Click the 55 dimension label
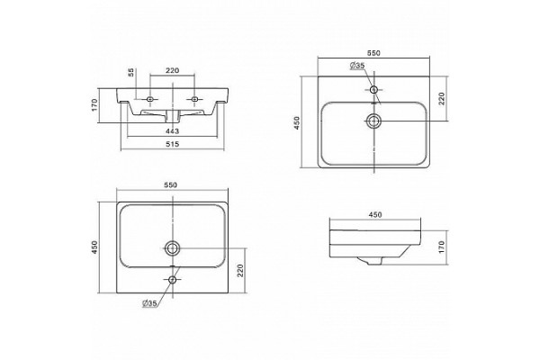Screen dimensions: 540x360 coord(130,72)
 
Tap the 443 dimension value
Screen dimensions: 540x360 coord(172,131)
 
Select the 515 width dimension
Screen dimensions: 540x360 coord(172,144)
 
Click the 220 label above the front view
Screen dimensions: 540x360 coord(172,70)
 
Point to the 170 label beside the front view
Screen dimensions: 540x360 coord(95,104)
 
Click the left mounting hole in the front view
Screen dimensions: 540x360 coord(149,99)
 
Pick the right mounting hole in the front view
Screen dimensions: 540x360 coord(194,99)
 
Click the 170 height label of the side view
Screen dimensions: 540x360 coord(442,247)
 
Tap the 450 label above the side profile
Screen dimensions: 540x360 coord(375,214)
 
